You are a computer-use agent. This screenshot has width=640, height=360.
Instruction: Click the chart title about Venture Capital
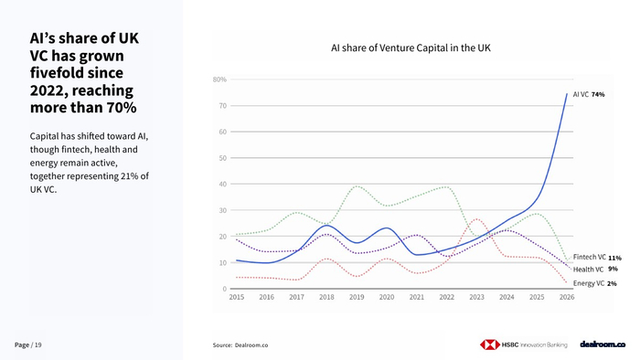coord(411,48)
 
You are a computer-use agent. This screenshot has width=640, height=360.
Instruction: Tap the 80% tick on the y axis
coord(219,79)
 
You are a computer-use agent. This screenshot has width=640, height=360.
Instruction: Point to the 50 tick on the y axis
coord(222,158)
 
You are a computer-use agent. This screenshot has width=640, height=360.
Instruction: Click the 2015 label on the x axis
coord(237,297)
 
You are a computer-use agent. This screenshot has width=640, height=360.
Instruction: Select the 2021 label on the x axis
coord(417,297)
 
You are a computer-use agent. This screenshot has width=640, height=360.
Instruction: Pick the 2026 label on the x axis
coord(567,297)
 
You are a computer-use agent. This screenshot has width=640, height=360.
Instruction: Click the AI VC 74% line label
coord(589,95)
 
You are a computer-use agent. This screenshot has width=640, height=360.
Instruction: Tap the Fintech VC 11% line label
coord(597,258)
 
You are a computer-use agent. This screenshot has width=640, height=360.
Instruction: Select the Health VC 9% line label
coord(595,269)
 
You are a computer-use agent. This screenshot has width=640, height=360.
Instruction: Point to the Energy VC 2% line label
coord(594,283)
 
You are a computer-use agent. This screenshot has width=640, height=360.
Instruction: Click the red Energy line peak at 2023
coord(476,219)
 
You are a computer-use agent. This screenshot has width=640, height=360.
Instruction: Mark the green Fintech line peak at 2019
coord(357,186)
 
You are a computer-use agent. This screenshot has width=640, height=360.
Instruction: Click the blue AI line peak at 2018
coord(327,226)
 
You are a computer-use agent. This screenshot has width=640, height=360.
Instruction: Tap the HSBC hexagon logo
coord(490,344)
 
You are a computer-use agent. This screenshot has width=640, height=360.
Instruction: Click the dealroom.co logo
coord(603,344)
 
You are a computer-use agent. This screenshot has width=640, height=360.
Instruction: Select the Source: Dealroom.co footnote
coord(240,345)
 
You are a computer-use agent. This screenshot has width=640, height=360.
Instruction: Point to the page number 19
coord(38,344)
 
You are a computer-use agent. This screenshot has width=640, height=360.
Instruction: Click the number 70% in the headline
coord(122,108)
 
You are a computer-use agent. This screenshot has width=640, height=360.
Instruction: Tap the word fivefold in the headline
coord(77,72)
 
